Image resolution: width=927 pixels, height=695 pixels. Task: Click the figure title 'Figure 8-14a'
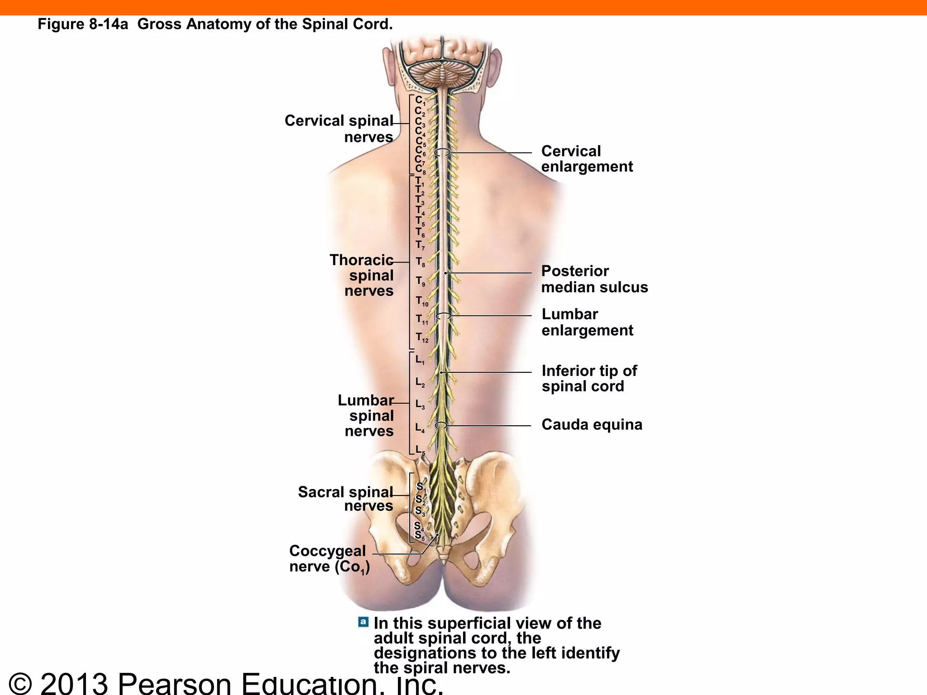click(83, 24)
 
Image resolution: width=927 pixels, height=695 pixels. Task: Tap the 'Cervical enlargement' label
click(587, 159)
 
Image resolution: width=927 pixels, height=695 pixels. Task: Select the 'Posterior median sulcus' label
click(594, 279)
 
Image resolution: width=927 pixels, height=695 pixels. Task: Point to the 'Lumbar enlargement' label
click(587, 322)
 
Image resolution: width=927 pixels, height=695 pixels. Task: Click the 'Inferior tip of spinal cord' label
click(589, 379)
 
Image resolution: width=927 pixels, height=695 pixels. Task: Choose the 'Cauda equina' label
click(592, 425)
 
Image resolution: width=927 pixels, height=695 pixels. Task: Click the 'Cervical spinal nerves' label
click(339, 129)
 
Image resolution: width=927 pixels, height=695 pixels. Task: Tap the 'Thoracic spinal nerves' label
click(362, 275)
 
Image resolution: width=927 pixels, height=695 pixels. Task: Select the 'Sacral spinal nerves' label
click(346, 499)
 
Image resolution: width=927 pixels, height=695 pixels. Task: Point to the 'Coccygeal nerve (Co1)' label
click(329, 559)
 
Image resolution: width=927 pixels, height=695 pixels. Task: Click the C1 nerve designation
click(420, 100)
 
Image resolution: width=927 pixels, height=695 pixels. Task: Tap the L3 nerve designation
click(420, 405)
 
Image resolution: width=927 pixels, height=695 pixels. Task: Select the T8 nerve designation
click(420, 262)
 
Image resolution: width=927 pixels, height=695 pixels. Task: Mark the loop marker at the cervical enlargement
click(442, 152)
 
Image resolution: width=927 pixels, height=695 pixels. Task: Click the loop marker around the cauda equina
click(441, 425)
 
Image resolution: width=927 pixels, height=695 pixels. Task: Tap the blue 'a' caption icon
click(363, 622)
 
